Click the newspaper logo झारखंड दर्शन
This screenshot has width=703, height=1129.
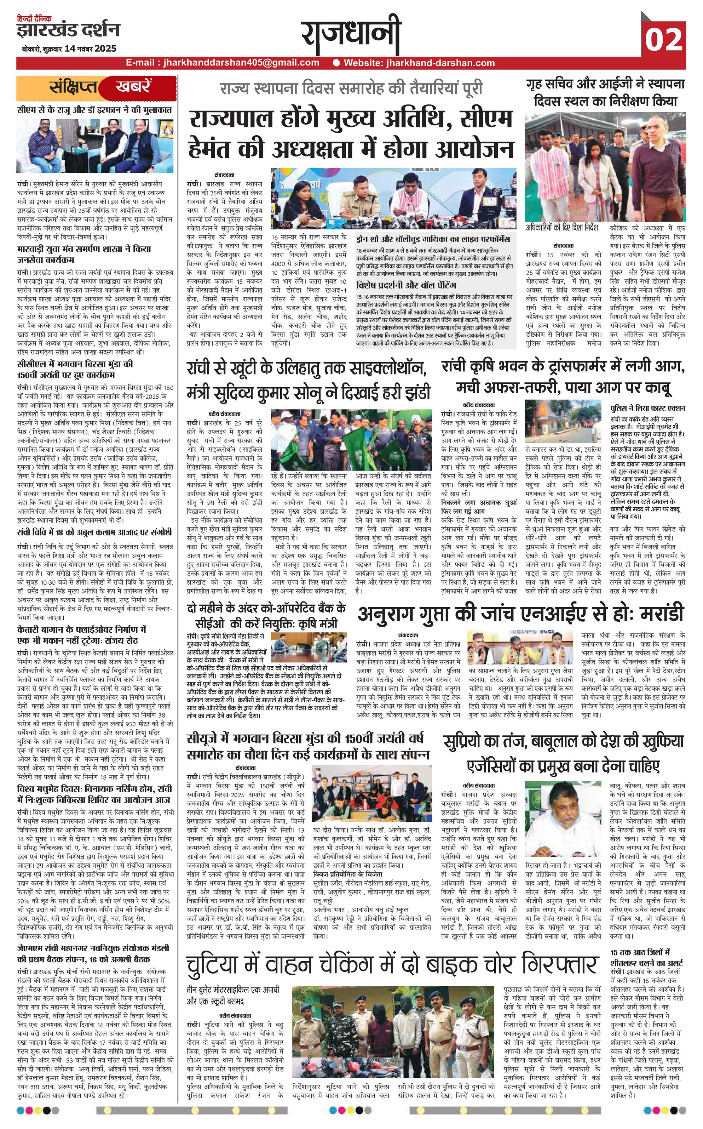pyautogui.click(x=68, y=30)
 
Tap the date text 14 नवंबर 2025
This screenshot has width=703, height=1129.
pyautogui.click(x=91, y=49)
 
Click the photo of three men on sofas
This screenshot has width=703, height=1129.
pyautogui.click(x=95, y=146)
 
